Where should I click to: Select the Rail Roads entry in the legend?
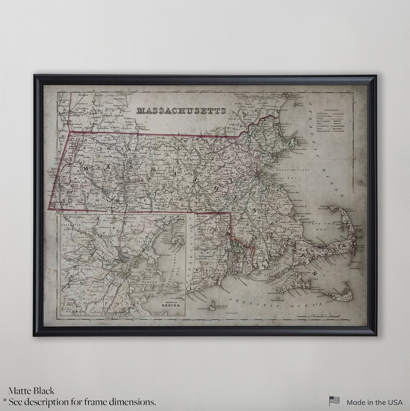click(x=323, y=113)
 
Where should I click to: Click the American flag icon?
click(x=334, y=401)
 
